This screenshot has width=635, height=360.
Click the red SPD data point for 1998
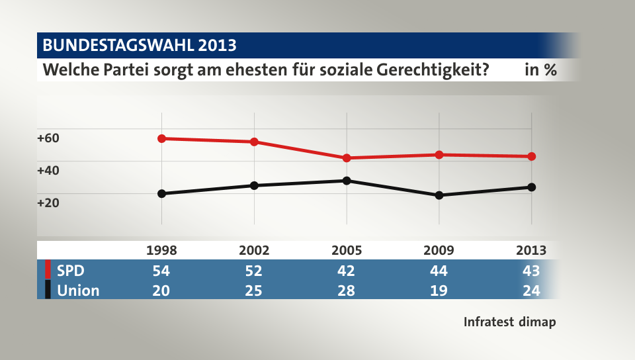161,138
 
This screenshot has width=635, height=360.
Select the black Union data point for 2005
347,181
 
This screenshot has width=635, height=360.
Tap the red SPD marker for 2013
531,157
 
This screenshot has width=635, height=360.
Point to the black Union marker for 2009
439,195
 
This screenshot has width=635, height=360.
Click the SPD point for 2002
254,142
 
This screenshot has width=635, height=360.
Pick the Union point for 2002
254,185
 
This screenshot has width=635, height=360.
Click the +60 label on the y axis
48,138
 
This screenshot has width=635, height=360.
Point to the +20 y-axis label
48,202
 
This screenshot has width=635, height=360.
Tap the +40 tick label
48,170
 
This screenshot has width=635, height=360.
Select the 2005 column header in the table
347,250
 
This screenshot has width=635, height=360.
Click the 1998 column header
161,250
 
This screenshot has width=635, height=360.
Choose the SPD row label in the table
70,271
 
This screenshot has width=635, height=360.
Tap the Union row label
78,290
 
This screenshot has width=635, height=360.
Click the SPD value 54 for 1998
161,271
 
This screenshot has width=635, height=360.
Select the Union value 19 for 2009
439,290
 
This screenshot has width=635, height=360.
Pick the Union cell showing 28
347,290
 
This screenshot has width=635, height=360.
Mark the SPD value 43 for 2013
531,271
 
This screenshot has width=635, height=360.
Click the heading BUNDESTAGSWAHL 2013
139,46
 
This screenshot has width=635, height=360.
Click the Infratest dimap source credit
509,322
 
